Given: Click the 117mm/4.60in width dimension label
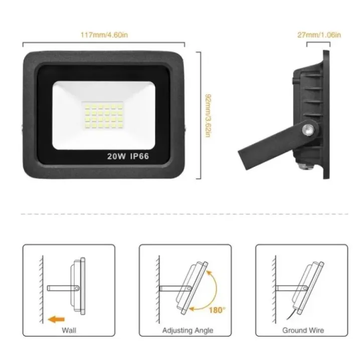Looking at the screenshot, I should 104,35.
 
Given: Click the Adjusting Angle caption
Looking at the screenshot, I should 188,330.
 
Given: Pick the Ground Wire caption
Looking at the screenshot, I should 303,330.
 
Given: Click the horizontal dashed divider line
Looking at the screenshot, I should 180,214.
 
